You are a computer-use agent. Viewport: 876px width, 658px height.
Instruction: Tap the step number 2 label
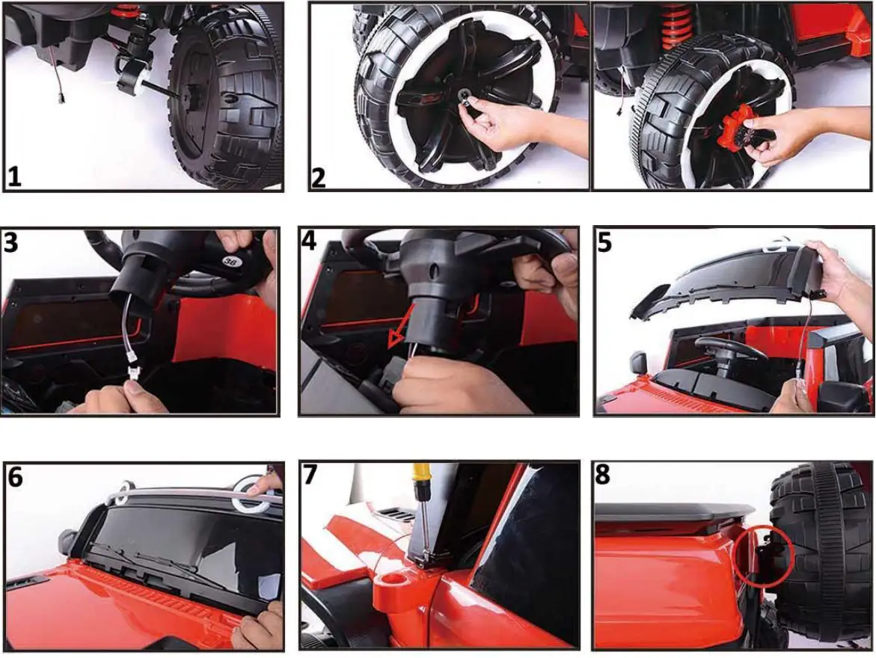pyautogui.click(x=318, y=178)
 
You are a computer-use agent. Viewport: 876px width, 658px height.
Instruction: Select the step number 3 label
pyautogui.click(x=10, y=242)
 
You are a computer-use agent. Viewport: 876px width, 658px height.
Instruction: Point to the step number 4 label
pyautogui.click(x=309, y=240)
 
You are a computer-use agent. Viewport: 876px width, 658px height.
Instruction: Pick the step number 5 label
pyautogui.click(x=604, y=242)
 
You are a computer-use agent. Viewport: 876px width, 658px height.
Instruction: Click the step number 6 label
pyautogui.click(x=15, y=477)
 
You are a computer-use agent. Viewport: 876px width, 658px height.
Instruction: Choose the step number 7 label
pyautogui.click(x=310, y=476)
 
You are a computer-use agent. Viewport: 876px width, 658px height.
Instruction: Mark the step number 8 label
pyautogui.click(x=602, y=475)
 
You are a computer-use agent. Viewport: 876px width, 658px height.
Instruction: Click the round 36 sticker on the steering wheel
pyautogui.click(x=229, y=260)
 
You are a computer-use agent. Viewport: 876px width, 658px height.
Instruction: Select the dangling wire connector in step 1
pyautogui.click(x=58, y=99)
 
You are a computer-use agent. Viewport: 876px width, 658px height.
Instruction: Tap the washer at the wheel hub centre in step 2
pyautogui.click(x=463, y=96)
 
